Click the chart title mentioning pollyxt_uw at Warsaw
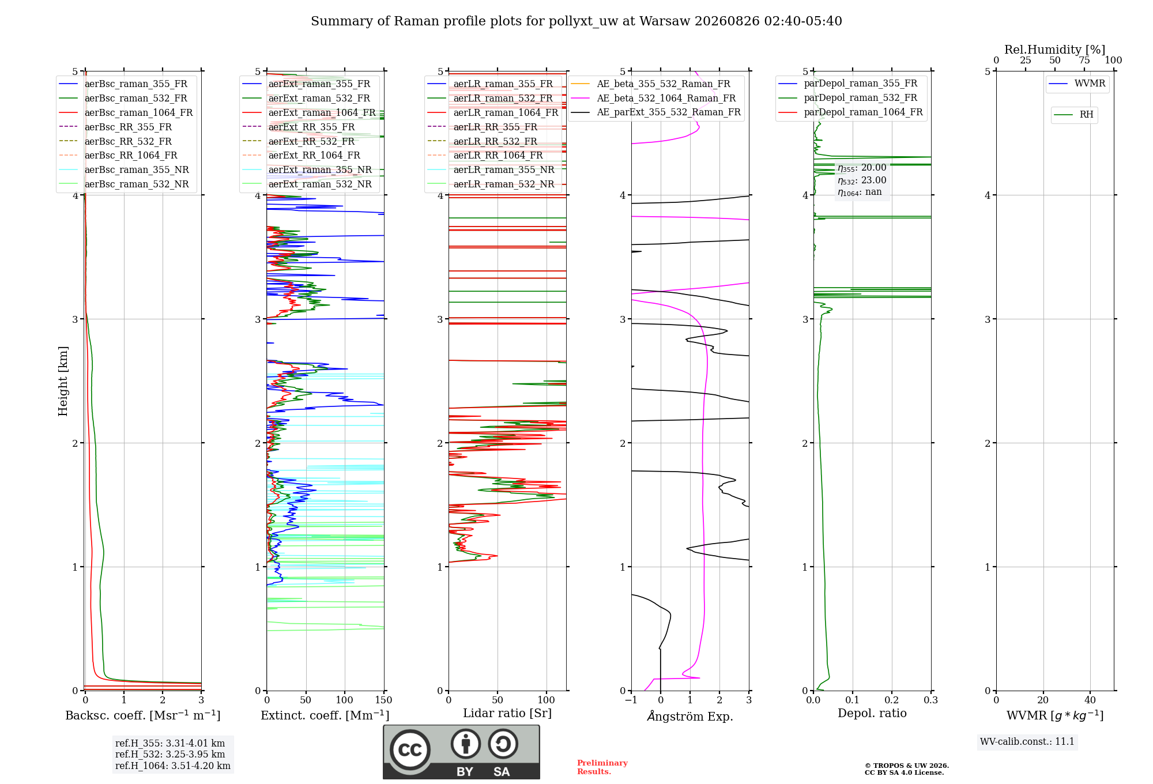pos(576,21)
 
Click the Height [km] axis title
pos(63,381)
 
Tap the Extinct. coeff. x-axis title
pos(325,715)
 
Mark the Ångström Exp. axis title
pos(690,716)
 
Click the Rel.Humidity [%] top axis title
pos(1055,50)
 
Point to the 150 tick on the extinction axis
pos(383,700)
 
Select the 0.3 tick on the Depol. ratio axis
pos(930,700)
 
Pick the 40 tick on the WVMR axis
pos(1090,700)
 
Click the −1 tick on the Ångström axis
pos(631,700)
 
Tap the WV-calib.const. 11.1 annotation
pos(1027,742)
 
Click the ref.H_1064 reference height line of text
pos(173,766)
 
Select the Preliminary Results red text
pos(602,767)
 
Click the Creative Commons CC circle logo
pos(410,749)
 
